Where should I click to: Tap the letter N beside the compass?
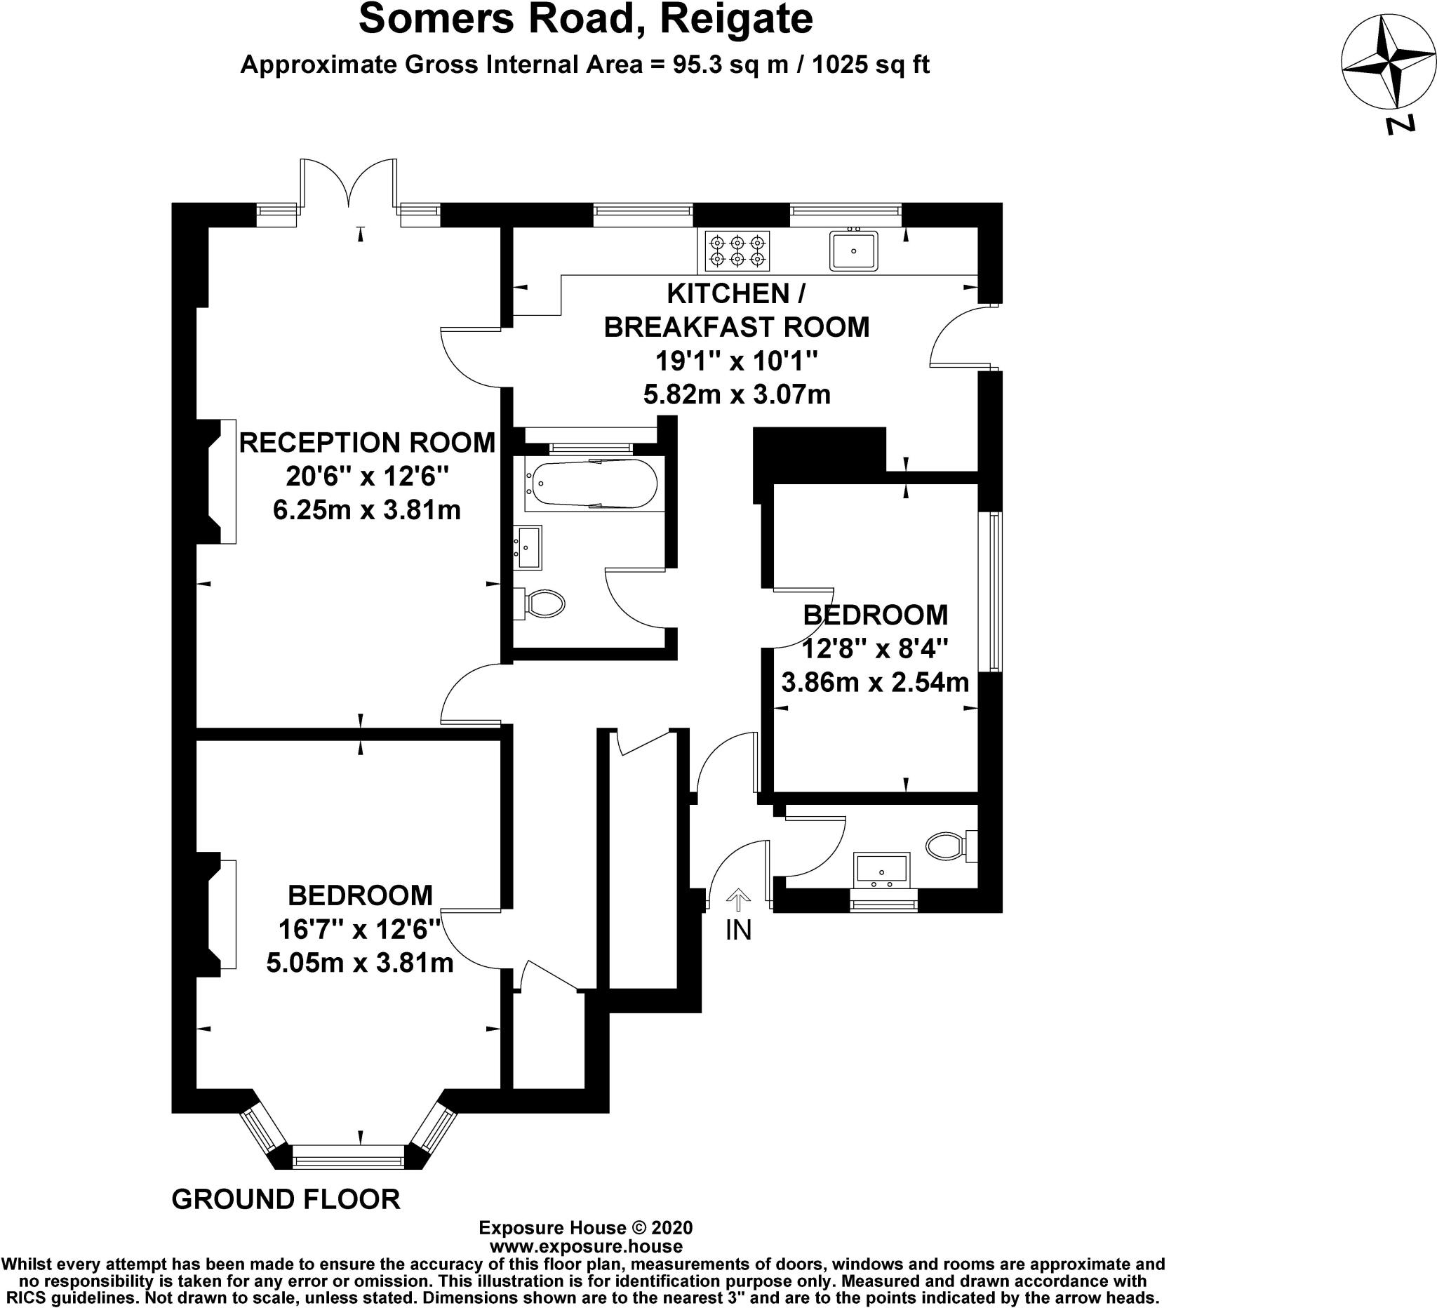click(1400, 125)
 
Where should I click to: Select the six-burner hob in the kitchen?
click(737, 251)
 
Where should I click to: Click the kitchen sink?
click(853, 251)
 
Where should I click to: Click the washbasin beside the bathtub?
click(528, 547)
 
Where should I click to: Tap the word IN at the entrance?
click(738, 930)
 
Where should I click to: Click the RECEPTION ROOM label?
click(367, 443)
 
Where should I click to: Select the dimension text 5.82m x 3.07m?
click(737, 394)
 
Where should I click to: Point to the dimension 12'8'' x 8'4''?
click(875, 648)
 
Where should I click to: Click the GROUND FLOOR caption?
click(286, 1200)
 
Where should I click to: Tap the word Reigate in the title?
click(736, 20)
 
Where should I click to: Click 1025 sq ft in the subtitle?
click(870, 65)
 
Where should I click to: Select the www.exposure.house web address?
click(586, 1247)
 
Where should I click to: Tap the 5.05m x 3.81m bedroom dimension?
click(360, 963)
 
